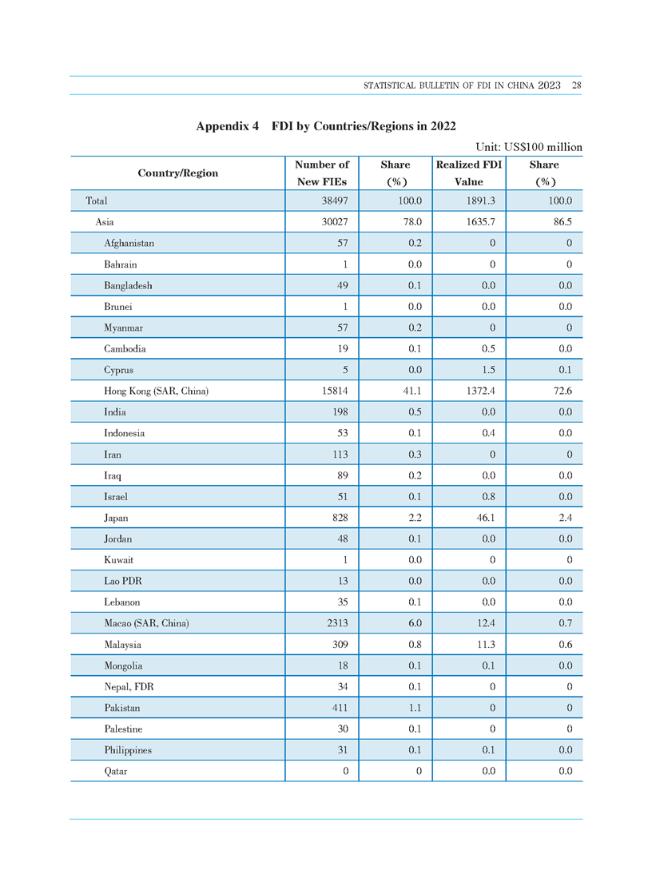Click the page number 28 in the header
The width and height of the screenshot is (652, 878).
pos(576,85)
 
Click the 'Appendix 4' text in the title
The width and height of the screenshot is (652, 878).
pos(228,126)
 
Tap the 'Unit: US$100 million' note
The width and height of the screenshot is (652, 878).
pos(529,147)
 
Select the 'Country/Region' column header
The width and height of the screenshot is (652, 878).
pos(178,173)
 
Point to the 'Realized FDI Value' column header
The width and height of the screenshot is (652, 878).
pos(469,173)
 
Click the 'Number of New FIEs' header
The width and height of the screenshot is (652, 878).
pos(322,173)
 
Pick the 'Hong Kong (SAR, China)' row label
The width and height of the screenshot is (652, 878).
pos(157,391)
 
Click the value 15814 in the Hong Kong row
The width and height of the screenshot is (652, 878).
pos(335,391)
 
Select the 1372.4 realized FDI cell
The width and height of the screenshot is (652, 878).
pos(481,391)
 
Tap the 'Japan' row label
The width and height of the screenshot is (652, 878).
pos(116,518)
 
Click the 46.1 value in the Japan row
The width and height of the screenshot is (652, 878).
pos(486,518)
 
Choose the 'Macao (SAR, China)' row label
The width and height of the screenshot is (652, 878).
pos(147,623)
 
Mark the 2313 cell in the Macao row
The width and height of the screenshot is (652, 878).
pos(338,623)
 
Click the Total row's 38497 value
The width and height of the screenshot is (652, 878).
pos(335,201)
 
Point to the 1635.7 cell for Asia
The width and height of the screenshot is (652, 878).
pos(481,222)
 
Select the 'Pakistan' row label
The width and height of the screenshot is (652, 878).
pos(122,708)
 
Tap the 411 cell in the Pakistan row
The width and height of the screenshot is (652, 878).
pos(340,708)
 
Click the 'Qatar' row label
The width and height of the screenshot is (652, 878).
pos(115,771)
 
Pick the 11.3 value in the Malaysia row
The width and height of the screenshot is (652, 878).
pos(486,645)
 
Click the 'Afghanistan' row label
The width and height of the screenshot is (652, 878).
pos(129,243)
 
